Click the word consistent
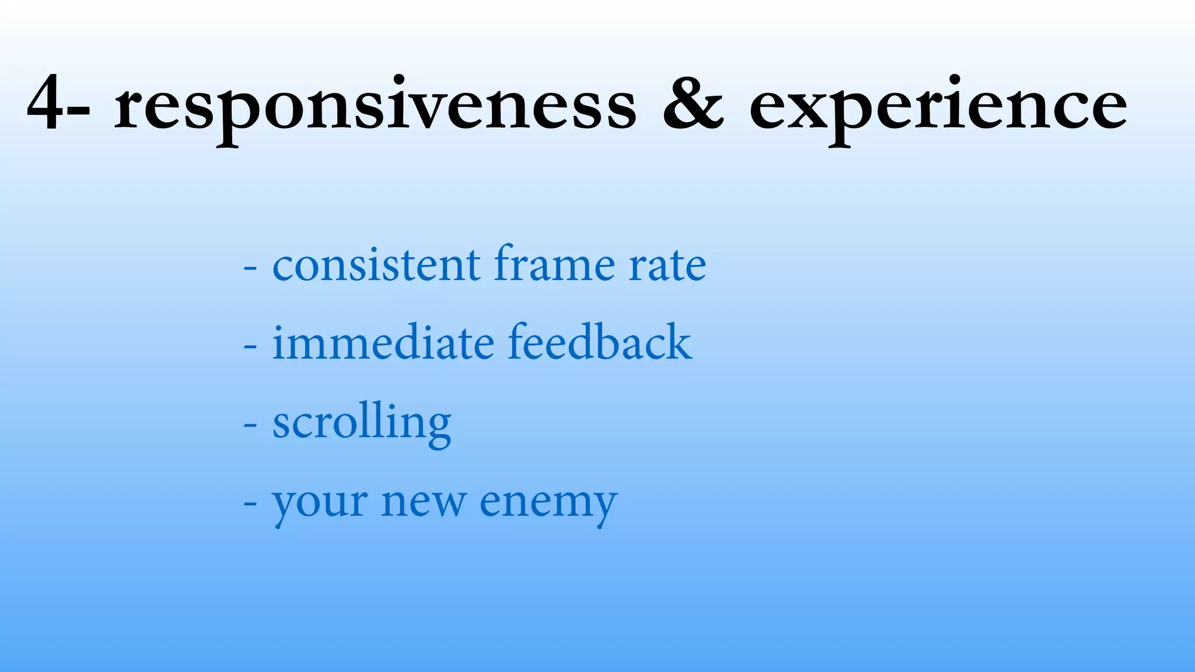(x=376, y=265)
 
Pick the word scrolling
(x=362, y=423)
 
